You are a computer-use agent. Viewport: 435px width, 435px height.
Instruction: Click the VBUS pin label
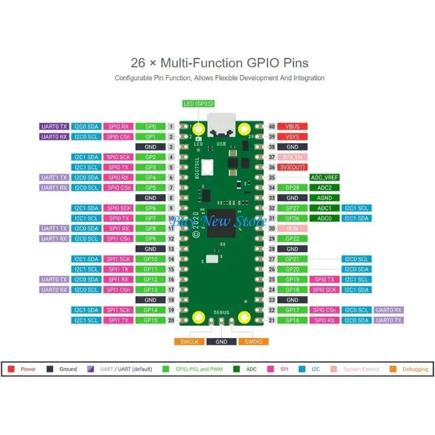[x=293, y=126]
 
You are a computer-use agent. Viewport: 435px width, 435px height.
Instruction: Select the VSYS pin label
[x=293, y=136]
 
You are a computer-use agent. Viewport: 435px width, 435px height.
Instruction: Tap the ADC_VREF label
[x=324, y=177]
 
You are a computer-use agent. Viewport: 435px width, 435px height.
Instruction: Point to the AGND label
[x=324, y=198]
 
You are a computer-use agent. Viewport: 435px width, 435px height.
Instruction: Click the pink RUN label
[x=293, y=228]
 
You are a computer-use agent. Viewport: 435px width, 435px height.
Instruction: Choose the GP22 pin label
[x=293, y=239]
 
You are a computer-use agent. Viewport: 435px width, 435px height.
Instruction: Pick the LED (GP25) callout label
[x=199, y=104]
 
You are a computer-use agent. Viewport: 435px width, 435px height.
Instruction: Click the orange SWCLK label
[x=189, y=341]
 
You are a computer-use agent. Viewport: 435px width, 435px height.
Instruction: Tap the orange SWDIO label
[x=253, y=341]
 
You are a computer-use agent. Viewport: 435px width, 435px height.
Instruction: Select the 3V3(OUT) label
[x=293, y=167]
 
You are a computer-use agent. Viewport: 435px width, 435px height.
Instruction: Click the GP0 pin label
[x=151, y=126]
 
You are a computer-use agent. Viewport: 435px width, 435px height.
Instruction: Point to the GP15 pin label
[x=151, y=320]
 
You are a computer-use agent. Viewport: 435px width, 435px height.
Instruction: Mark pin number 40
[x=272, y=126]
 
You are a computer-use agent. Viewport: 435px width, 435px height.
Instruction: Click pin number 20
[x=171, y=320]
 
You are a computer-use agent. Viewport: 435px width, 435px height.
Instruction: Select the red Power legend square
[x=11, y=369]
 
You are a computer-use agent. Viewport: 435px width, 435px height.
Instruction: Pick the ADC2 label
[x=324, y=188]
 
